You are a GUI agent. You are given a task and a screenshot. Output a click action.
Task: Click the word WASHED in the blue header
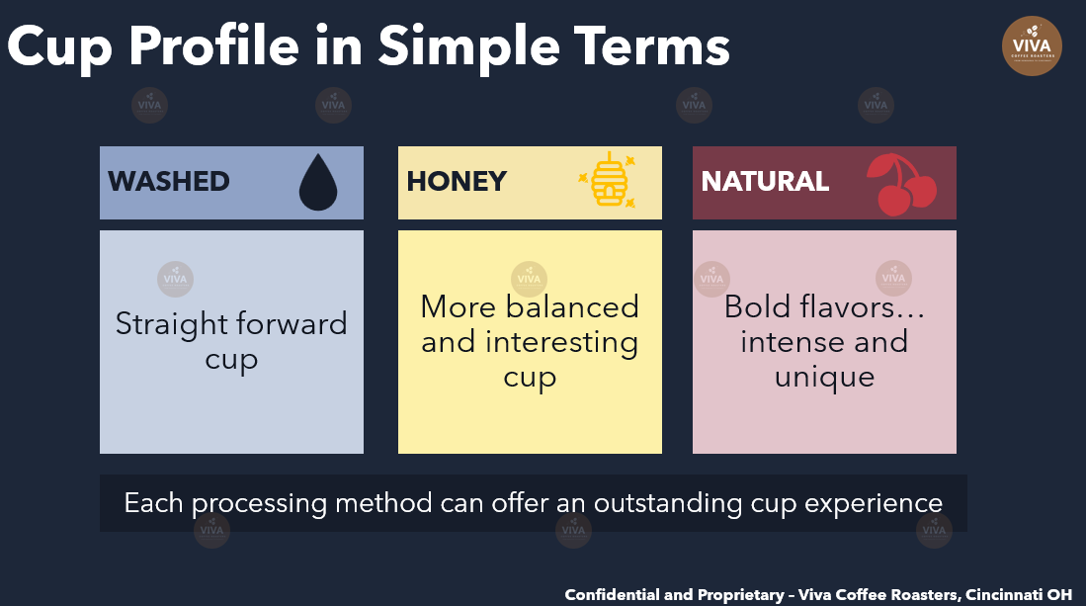click(x=168, y=182)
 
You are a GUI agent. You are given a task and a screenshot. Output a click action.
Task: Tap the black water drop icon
click(x=318, y=183)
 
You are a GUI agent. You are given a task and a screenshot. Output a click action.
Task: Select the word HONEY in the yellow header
click(x=457, y=182)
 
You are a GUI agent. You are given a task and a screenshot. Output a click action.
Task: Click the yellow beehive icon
click(x=609, y=179)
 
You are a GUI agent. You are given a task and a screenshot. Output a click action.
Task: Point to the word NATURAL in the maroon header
click(x=765, y=182)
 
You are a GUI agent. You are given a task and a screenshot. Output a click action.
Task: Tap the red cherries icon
click(x=902, y=184)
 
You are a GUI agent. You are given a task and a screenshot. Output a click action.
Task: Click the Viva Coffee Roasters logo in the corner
click(x=1032, y=45)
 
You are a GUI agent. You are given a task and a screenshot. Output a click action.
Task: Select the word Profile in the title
click(x=213, y=47)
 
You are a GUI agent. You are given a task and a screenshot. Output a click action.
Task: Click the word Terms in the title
click(x=651, y=47)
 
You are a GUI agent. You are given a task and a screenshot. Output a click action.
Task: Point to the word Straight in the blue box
click(x=171, y=325)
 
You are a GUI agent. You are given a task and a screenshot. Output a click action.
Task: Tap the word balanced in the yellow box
click(x=572, y=306)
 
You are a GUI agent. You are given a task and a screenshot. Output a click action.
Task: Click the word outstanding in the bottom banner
click(x=668, y=503)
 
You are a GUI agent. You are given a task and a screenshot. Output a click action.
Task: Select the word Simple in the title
click(x=469, y=47)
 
